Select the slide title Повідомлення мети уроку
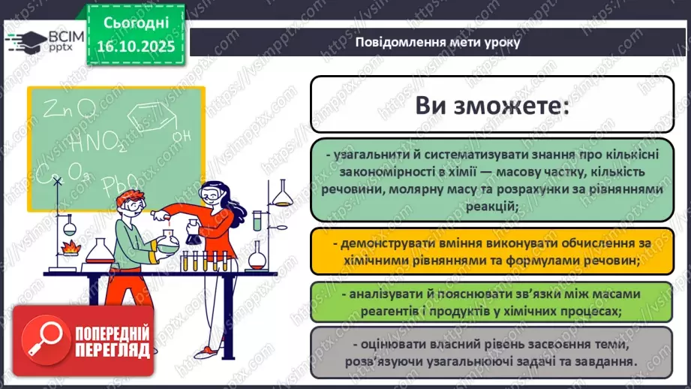[x=437, y=42]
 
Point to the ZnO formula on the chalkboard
[x=69, y=110]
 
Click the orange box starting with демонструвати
[x=492, y=252]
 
